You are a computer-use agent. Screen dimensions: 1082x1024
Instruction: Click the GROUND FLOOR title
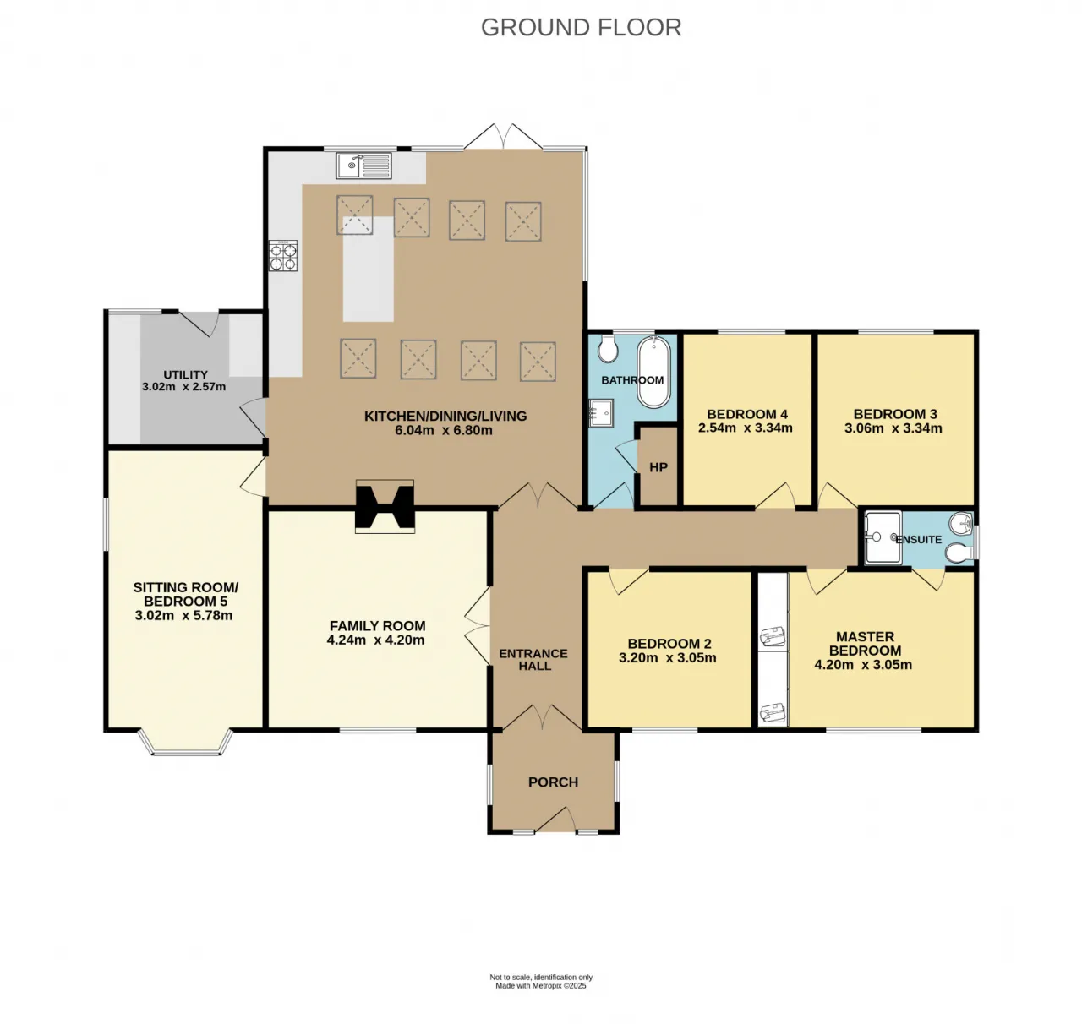click(582, 28)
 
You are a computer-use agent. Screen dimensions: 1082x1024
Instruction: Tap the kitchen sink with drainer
click(363, 166)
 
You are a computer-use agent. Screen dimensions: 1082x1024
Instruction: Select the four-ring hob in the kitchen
click(283, 256)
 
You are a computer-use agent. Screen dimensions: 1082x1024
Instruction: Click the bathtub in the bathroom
click(653, 372)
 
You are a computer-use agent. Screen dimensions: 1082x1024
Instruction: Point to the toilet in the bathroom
click(608, 348)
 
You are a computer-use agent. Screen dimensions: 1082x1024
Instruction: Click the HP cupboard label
click(658, 468)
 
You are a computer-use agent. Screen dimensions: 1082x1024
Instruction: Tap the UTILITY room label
click(185, 375)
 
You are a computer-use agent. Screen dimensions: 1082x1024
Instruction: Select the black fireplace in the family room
click(385, 506)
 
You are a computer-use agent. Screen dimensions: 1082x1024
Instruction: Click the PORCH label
click(553, 782)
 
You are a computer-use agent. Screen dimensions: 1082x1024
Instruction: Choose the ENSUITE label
click(919, 540)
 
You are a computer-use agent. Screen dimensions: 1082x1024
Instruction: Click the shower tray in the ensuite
click(883, 537)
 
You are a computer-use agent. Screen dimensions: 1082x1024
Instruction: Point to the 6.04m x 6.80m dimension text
click(444, 430)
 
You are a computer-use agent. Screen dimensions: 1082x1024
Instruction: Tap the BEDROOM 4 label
click(747, 414)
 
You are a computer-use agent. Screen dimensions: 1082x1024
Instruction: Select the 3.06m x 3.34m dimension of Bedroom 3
click(893, 428)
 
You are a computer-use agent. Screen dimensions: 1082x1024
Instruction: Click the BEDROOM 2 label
click(669, 644)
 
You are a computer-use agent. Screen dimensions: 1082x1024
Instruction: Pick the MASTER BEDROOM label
click(865, 644)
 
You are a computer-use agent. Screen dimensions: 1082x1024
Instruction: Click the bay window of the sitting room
click(185, 744)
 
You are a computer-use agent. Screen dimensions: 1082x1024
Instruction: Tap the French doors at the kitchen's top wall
click(503, 137)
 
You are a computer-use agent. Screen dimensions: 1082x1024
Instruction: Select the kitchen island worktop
click(369, 269)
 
